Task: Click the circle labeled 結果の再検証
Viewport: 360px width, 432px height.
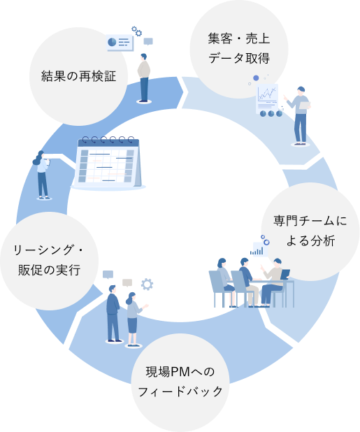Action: coord(78,75)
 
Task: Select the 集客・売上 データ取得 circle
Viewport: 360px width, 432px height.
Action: coord(238,48)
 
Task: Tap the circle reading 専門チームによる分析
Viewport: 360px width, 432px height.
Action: coord(310,231)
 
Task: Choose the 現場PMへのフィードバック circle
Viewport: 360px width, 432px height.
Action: coord(180,382)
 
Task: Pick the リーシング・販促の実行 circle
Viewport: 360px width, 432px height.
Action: coord(49,260)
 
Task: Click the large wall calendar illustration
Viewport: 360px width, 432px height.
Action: coord(108,164)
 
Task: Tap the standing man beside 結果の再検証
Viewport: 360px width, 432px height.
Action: coord(144,77)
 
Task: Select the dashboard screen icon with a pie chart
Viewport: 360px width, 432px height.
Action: coord(120,43)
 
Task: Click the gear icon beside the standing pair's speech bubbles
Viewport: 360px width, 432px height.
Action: coord(147,284)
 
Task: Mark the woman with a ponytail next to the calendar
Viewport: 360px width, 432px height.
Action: coord(43,175)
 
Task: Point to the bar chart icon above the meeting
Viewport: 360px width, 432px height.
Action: coord(259,248)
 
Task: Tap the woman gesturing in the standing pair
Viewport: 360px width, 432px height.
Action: coord(132,319)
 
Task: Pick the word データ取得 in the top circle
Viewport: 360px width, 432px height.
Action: coord(238,58)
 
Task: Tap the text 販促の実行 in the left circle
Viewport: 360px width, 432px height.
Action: coord(49,271)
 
